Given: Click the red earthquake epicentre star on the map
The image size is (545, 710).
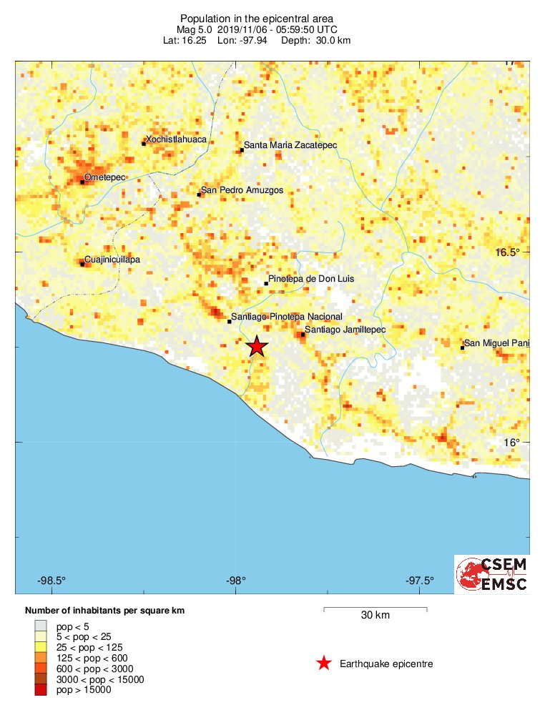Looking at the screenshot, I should tap(257, 347).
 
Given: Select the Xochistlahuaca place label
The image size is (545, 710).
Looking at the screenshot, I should tap(176, 139).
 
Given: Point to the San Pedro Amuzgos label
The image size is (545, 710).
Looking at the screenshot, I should tap(242, 190).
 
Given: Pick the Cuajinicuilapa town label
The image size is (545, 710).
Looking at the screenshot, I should tap(112, 259).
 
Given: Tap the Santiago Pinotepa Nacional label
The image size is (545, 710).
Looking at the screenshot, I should tap(287, 317).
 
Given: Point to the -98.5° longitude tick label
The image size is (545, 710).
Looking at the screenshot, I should tap(52, 580).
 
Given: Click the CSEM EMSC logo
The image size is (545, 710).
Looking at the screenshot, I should tap(492, 574).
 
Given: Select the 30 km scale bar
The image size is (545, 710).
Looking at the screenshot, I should tap(375, 609).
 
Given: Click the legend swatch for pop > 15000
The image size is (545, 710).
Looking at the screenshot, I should tap(39, 690).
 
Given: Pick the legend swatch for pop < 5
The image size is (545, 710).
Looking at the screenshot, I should tap(39, 626).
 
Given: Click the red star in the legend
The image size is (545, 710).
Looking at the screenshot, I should tap(324, 664).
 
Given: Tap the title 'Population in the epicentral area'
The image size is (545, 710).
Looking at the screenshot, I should tap(257, 18).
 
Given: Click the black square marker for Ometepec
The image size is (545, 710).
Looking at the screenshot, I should tap(82, 182).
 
